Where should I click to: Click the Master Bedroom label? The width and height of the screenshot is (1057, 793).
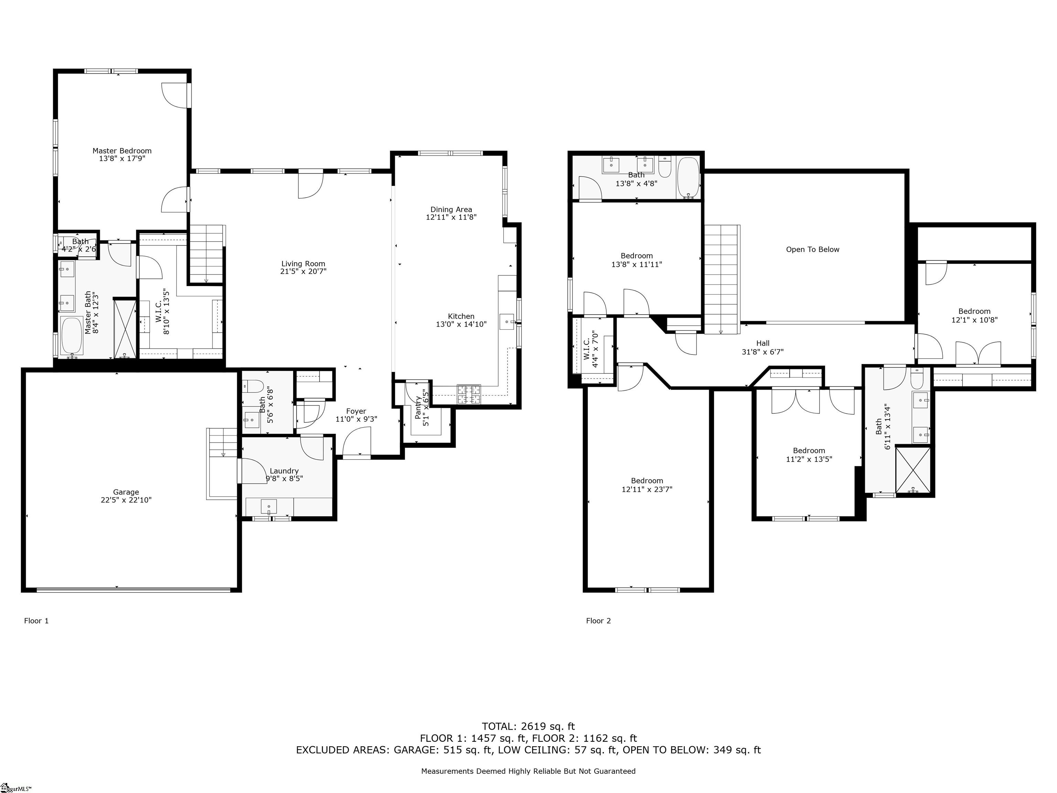coord(122,150)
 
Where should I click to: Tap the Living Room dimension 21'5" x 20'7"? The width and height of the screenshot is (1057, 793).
coord(303,272)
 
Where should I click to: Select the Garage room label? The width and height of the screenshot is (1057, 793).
coord(126,492)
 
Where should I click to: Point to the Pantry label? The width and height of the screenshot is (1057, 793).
coord(419,407)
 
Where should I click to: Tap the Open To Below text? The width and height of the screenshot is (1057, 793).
coord(812,250)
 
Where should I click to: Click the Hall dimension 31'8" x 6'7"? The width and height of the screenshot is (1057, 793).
coord(763,352)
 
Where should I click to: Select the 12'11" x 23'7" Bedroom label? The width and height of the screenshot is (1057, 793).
coord(647,481)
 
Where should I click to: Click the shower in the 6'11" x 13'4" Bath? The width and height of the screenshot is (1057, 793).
coord(913,470)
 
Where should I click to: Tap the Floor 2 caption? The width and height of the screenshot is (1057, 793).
coord(598,621)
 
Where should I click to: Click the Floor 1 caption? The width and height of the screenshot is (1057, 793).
coord(36,621)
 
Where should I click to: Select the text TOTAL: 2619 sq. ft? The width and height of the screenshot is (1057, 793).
coord(528,727)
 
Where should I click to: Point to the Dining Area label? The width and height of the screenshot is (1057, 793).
coord(451,209)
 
